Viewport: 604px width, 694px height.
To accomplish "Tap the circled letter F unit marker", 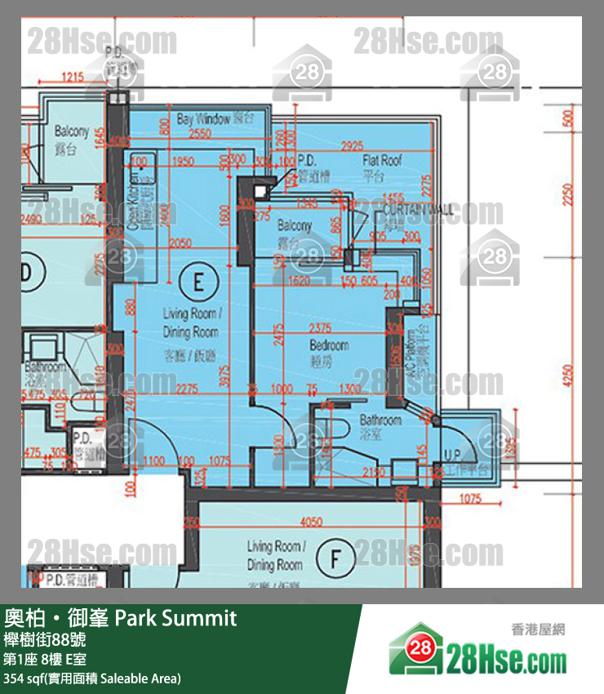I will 335,559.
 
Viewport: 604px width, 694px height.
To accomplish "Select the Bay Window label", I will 203,119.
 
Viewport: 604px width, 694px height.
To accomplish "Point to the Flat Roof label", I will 383,161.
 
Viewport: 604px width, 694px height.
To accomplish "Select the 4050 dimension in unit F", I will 311,522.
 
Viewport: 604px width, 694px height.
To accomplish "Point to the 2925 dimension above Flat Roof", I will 352,145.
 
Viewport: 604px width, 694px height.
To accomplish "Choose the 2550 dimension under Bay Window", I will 199,134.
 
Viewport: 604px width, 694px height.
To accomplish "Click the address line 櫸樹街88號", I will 45,639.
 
